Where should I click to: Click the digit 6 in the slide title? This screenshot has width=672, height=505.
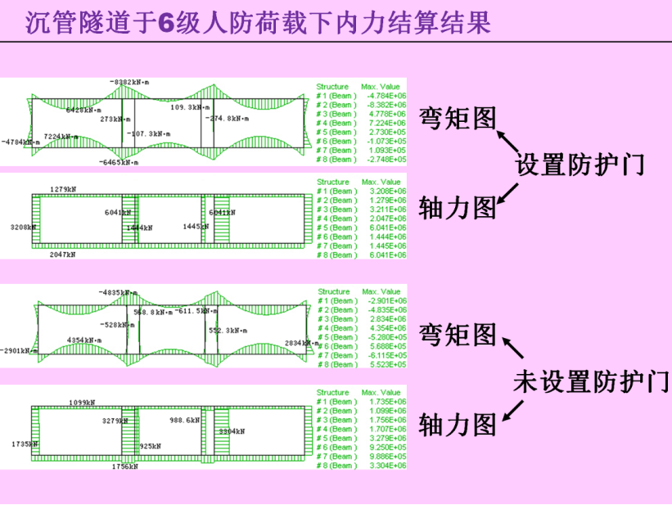165,24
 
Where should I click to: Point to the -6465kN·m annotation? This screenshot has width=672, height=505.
118,162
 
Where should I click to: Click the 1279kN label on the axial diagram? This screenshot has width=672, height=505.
63,190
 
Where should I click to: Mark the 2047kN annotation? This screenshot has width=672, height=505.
61,255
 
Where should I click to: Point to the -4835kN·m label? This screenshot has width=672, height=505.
118,292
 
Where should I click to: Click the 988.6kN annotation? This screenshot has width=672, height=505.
185,420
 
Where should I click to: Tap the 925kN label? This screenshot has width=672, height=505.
150,446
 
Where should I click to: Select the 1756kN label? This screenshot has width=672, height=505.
124,467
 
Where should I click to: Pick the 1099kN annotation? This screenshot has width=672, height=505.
82,403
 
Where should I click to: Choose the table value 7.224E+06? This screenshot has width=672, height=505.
386,123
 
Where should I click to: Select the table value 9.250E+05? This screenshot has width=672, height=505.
386,448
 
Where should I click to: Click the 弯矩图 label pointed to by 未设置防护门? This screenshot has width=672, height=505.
458,333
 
